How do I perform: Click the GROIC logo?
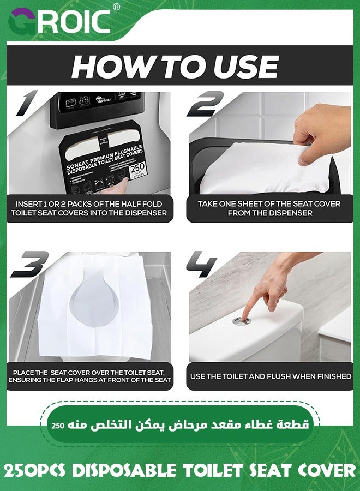pos(59,21)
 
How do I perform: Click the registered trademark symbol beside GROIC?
pos(116,7)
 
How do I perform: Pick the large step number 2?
pos(206,104)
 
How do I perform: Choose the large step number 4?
pos(202,264)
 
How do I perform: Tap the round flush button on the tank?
pos(242,320)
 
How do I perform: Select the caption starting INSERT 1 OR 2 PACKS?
pos(89,208)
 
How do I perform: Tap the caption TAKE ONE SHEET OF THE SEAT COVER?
pos(269,208)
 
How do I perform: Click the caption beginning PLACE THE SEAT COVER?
pos(89,376)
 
